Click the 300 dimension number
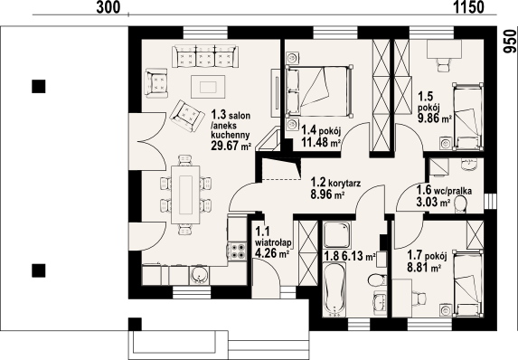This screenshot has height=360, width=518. click(x=108, y=7)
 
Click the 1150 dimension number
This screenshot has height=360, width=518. click(x=467, y=7)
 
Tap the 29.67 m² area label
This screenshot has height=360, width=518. click(x=231, y=146)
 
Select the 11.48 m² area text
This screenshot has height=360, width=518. click(x=321, y=143)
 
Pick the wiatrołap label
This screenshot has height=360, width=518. click(x=273, y=243)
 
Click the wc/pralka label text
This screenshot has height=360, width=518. click(x=453, y=191)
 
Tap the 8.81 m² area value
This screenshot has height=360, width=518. click(x=424, y=267)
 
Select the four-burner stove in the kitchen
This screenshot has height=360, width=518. click(x=237, y=251)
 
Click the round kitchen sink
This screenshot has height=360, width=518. click(x=199, y=275)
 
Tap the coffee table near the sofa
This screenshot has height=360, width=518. click(x=208, y=87)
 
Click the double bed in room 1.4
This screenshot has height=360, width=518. click(x=319, y=91)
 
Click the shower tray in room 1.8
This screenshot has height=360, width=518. click(x=336, y=234)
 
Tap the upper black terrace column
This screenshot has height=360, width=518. click(x=38, y=86)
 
